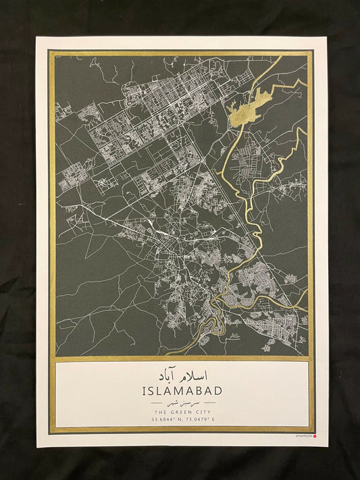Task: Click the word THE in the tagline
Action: coord(161,411)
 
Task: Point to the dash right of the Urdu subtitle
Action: coord(211,402)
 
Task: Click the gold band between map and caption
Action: coord(182,359)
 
